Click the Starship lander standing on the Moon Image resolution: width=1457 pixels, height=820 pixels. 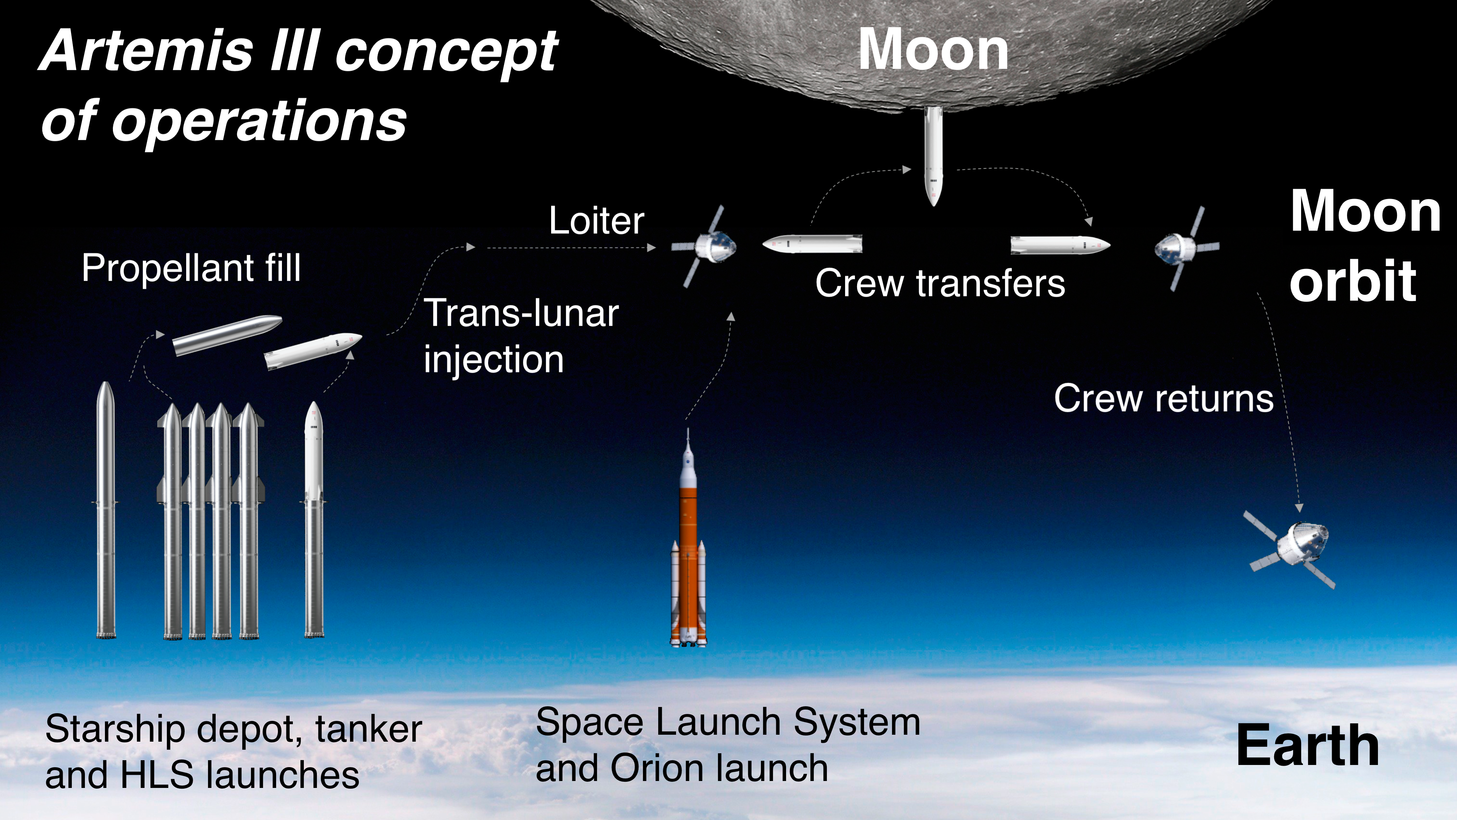933,156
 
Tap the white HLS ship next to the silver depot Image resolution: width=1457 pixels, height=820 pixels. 313,351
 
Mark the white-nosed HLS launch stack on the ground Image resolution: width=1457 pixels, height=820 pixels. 314,519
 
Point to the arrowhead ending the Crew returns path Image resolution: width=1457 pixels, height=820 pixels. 1299,508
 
